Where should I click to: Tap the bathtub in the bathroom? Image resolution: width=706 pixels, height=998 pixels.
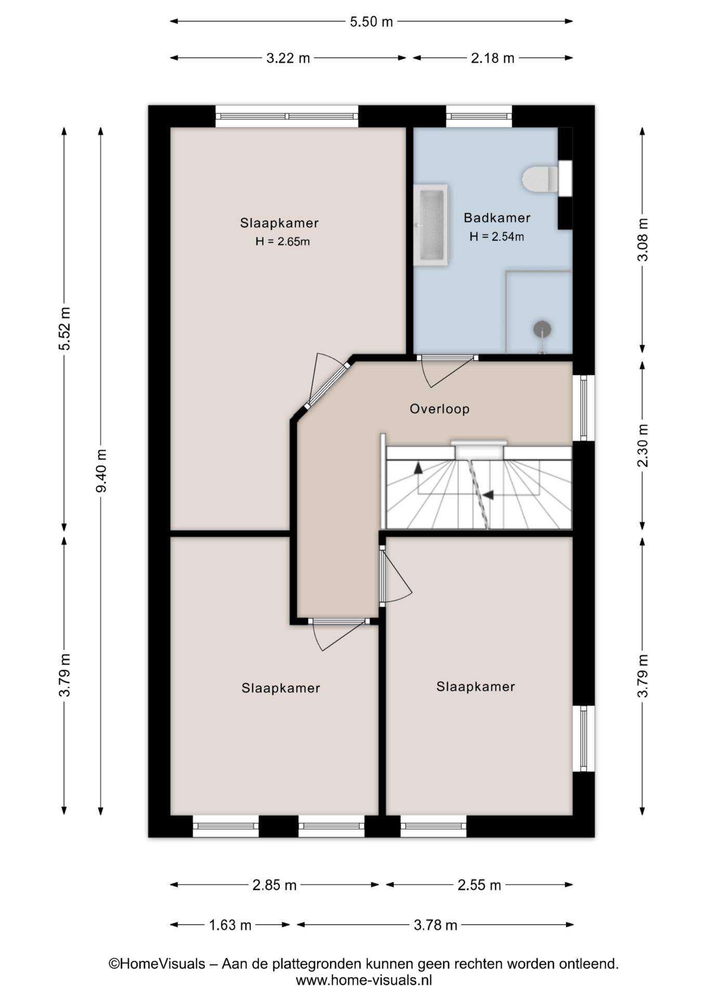pos(431,225)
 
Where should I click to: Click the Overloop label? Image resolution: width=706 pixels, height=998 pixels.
pos(439,409)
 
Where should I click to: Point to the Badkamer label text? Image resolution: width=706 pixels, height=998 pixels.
pos(497,218)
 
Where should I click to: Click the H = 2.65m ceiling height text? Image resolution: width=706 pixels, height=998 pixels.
pos(282,242)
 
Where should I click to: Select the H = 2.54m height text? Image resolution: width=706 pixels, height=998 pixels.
pos(496,237)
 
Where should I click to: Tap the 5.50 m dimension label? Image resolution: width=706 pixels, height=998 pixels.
pos(371,22)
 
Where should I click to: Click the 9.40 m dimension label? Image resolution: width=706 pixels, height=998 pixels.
pos(101,471)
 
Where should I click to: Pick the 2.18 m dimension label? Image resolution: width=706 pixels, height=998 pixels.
pos(492,58)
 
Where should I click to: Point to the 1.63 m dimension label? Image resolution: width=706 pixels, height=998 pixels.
pos(230,925)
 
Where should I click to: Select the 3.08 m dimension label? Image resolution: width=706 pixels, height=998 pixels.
pos(643,240)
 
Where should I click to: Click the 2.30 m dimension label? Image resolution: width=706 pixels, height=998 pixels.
pos(643,445)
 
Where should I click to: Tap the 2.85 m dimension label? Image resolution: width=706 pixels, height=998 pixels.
pos(274,885)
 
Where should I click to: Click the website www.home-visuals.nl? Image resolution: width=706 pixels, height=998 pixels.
pos(363,980)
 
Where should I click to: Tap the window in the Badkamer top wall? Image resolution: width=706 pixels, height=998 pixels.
pos(479,116)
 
